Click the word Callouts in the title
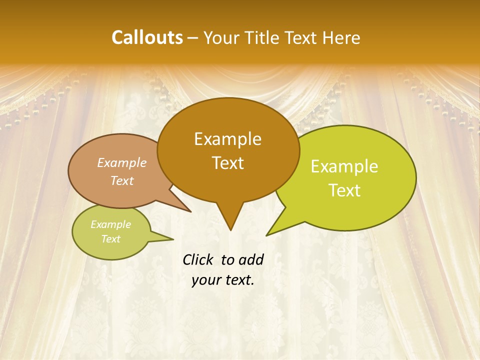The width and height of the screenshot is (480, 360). click(147, 37)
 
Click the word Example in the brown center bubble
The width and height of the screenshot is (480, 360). click(227, 139)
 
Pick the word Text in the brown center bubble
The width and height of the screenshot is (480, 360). click(227, 163)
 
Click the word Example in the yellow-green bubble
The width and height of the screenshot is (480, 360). click(344, 166)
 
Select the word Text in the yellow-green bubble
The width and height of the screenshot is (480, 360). click(344, 190)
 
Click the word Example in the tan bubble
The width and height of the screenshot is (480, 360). click(122, 162)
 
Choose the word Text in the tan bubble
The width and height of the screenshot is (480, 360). click(122, 180)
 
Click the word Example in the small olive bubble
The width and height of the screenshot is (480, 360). click(110, 224)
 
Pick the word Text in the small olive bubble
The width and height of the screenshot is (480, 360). click(110, 239)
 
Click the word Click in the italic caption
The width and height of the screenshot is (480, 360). click(199, 259)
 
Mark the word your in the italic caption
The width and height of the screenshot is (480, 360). click(206, 280)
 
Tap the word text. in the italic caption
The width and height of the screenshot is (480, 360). click(238, 280)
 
